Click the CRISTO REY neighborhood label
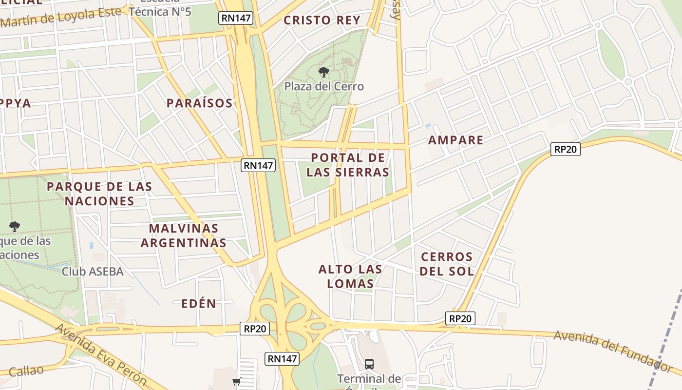tap(322, 20)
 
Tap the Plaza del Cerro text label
tap(324, 87)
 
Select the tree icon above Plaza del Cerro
tap(323, 73)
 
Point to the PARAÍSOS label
tap(200, 103)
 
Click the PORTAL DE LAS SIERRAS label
tap(348, 165)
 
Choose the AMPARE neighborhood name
tap(455, 140)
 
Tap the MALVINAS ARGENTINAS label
tap(184, 235)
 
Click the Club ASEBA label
tap(93, 272)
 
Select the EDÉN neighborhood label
tap(199, 304)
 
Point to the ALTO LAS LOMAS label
tap(350, 276)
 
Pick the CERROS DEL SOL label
tap(447, 264)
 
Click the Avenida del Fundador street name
tap(613, 349)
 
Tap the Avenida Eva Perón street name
tap(101, 355)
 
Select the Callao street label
tap(26, 371)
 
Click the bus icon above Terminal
tap(369, 364)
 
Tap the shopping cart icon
tap(237, 381)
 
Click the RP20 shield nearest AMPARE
tap(565, 149)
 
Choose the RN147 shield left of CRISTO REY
tap(236, 18)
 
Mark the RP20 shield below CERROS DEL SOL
tap(460, 319)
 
